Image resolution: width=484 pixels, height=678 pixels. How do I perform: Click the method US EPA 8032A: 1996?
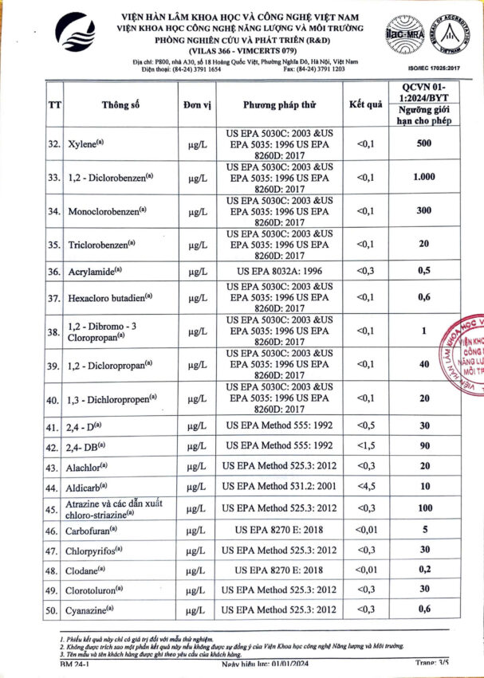[x=277, y=272]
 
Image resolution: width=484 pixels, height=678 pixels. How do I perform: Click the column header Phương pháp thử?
[x=277, y=105]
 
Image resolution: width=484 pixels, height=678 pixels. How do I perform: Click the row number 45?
[x=54, y=508]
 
